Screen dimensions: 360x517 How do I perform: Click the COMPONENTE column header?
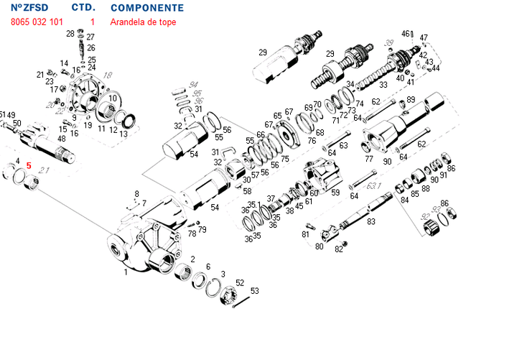(146, 8)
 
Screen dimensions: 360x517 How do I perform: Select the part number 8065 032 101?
(42, 22)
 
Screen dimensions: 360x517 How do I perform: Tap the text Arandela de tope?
(143, 22)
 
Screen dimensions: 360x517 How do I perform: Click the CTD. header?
(83, 8)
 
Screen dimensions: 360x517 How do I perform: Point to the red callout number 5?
(29, 165)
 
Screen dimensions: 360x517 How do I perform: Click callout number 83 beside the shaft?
(371, 221)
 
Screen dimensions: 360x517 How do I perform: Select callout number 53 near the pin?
(254, 291)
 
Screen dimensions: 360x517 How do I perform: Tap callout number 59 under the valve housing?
(335, 193)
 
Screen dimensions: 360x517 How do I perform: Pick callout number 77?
(368, 159)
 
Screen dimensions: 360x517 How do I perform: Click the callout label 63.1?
(374, 186)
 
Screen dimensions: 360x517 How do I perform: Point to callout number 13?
(124, 134)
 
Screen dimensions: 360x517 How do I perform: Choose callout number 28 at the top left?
(70, 34)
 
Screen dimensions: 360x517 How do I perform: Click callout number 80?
(319, 246)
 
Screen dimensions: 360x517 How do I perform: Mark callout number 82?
(339, 249)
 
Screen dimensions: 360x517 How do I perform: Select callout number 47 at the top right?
(424, 37)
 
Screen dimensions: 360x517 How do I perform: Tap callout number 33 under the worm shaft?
(383, 85)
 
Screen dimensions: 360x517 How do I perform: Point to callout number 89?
(411, 100)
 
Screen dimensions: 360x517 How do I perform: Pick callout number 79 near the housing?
(202, 230)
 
